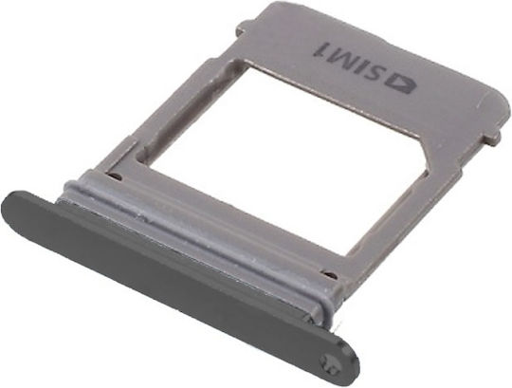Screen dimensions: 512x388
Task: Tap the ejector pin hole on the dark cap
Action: (328, 361)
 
